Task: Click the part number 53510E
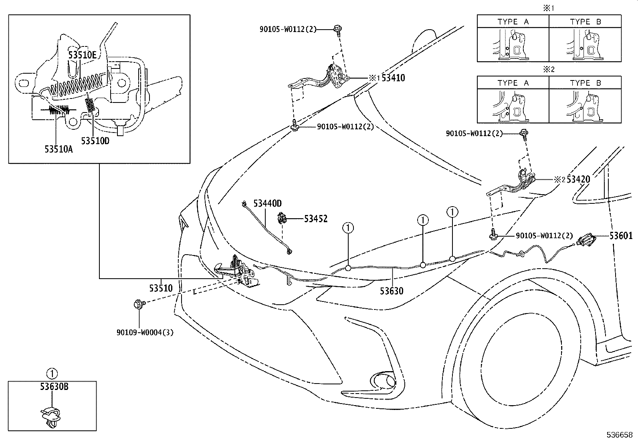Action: pyautogui.click(x=82, y=55)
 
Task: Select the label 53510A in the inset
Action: pyautogui.click(x=59, y=149)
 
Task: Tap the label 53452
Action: pyautogui.click(x=315, y=219)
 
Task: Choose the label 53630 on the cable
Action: pyautogui.click(x=392, y=291)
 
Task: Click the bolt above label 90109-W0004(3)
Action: pyautogui.click(x=139, y=304)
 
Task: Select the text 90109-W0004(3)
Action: pyautogui.click(x=145, y=332)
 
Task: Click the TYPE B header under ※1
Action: pyautogui.click(x=586, y=22)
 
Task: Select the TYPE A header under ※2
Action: pyautogui.click(x=513, y=83)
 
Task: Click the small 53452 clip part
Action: pyautogui.click(x=282, y=219)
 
